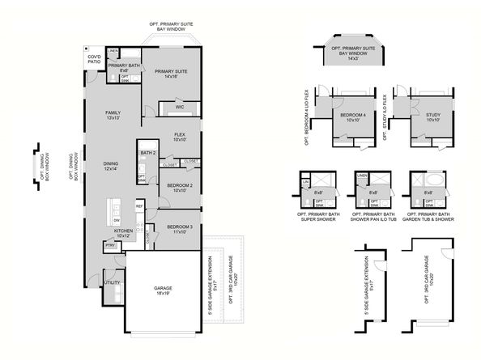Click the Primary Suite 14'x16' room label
171,74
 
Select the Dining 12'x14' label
111,166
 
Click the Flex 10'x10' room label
180,137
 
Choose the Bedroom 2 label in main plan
180,188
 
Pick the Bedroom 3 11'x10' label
180,229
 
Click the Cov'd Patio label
93,59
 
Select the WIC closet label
181,106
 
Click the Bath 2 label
147,152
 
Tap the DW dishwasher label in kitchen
117,219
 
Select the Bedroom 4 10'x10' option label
354,117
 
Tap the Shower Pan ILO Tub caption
369,214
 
